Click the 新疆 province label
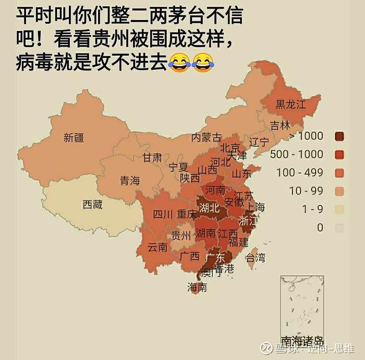[x=73, y=137]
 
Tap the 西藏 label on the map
[x=92, y=205]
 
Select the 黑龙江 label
[x=290, y=104]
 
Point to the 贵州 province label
[x=181, y=236]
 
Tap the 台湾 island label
[x=255, y=258]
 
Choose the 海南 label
[x=197, y=287]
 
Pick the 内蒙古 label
[x=206, y=137]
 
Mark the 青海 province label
[x=130, y=180]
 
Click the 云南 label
[x=158, y=248]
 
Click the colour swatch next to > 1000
[x=339, y=136]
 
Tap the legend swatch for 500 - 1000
[x=339, y=154]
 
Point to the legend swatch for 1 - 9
[x=339, y=209]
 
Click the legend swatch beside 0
[x=339, y=227]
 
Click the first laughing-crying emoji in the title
[x=179, y=62]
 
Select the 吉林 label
[x=280, y=125]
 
